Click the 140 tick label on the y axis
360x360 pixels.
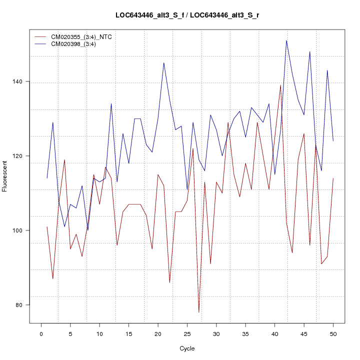[24, 81]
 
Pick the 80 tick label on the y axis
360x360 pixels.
[24, 305]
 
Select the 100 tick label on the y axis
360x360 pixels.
[24, 230]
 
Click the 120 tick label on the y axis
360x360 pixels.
[24, 156]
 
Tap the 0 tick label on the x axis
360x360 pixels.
[41, 333]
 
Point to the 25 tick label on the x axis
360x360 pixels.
[187, 333]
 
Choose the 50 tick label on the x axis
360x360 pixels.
[333, 333]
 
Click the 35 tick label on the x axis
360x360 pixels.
[245, 333]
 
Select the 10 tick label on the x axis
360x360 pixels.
[99, 333]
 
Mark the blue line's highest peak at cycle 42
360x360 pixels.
[286, 40]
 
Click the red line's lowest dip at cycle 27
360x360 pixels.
[198, 312]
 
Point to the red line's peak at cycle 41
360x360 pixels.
[280, 85]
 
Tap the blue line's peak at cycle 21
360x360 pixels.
[163, 62]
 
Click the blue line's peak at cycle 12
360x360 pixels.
[111, 103]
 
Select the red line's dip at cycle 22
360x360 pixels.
[169, 282]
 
